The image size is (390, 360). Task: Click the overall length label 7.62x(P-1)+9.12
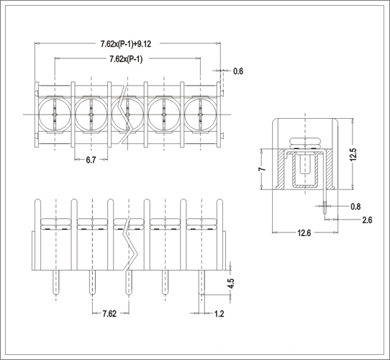coord(126,44)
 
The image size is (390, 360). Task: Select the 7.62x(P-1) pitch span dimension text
coord(126,59)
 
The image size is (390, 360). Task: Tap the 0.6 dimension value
coord(238,71)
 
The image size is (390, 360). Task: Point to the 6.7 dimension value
coord(91,160)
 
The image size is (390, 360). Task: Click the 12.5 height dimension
coord(353,154)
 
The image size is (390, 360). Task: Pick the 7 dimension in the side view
coord(262,169)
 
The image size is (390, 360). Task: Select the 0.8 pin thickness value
coord(355,207)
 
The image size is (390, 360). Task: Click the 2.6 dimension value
coord(367,220)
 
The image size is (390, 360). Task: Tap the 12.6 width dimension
coord(304,233)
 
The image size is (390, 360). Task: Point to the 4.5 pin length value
coord(231,283)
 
